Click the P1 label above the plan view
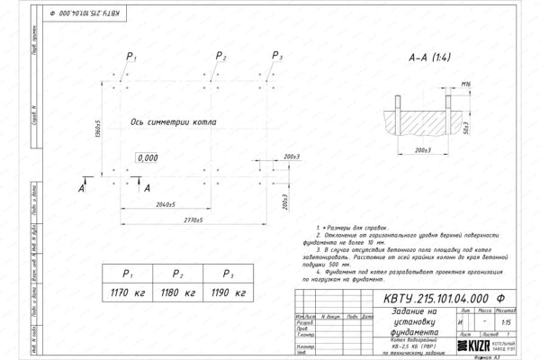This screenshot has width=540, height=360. [x=131, y=57]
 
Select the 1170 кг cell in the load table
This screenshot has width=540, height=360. [x=130, y=292]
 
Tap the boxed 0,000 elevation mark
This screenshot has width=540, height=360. [x=147, y=157]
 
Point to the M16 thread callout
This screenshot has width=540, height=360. [x=466, y=84]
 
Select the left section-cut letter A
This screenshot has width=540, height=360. [x=83, y=191]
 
